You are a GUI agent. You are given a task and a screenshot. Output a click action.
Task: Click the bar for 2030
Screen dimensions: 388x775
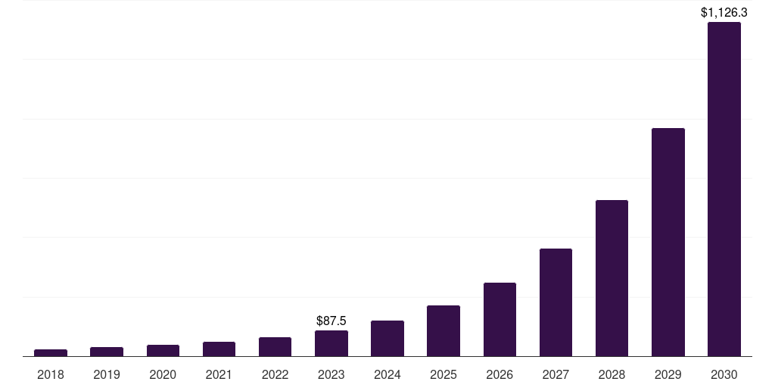pos(724,189)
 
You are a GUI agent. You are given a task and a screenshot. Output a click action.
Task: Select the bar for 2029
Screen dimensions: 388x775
pos(668,242)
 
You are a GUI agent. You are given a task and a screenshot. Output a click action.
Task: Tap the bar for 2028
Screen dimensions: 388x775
pos(612,278)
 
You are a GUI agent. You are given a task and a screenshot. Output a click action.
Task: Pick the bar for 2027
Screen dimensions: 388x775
pos(556,302)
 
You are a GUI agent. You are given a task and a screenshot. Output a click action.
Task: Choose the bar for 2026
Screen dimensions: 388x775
pos(500,319)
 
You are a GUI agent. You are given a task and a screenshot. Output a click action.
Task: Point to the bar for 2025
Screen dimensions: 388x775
pos(444,330)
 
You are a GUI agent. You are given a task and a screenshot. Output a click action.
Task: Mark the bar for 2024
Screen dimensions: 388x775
pos(387,338)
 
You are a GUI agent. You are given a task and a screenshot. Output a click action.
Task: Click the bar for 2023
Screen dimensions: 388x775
pos(331,343)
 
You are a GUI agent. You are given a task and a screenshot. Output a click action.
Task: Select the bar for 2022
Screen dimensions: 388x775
pos(275,346)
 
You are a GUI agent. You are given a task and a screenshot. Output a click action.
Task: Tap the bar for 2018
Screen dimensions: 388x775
pos(51,352)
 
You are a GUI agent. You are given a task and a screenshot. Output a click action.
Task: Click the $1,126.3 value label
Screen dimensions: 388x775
pos(724,12)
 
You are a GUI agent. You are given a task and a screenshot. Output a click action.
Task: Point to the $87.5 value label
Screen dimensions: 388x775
pos(331,321)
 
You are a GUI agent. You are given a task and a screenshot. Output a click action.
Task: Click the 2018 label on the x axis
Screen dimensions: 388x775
pos(51,374)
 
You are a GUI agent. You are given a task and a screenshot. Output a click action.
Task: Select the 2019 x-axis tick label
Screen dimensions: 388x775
pos(107,374)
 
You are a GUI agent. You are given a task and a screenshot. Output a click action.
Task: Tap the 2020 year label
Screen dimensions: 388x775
pos(163,374)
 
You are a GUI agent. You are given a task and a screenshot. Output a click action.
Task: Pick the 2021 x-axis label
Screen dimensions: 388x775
pos(219,374)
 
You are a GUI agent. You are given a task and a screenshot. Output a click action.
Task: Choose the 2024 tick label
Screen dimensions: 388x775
pos(387,374)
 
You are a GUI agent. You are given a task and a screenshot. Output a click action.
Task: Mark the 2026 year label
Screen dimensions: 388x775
pos(500,374)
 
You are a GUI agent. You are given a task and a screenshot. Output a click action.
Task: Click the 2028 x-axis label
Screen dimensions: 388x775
pos(612,374)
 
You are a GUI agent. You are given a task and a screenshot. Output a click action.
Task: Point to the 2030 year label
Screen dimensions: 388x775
pos(724,374)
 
